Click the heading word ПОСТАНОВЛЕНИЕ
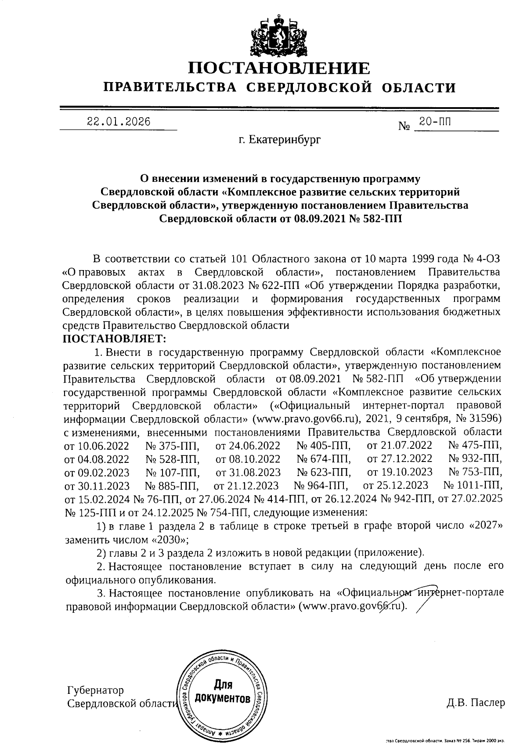pyautogui.click(x=279, y=68)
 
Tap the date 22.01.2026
pyautogui.click(x=119, y=122)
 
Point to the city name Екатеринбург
pyautogui.click(x=280, y=140)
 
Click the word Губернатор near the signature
pyautogui.click(x=95, y=691)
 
